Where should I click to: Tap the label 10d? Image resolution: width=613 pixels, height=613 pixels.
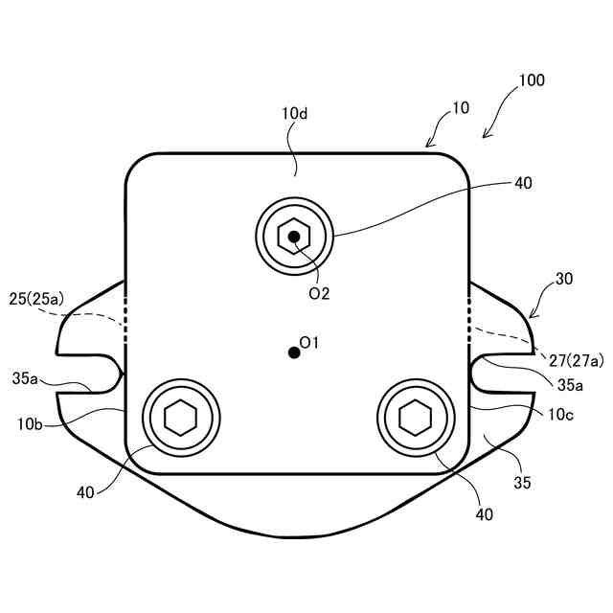[294, 113]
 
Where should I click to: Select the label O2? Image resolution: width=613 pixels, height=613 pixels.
[319, 294]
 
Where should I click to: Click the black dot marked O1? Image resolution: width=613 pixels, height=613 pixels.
[294, 352]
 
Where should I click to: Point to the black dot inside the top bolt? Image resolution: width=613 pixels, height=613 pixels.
[294, 235]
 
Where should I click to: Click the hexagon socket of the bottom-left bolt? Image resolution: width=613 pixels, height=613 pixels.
[180, 418]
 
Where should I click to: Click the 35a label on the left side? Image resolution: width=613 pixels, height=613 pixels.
[26, 379]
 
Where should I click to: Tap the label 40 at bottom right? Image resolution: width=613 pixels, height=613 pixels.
[484, 514]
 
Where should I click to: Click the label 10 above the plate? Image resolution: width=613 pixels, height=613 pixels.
[460, 107]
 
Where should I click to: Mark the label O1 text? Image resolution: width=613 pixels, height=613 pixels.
[309, 342]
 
